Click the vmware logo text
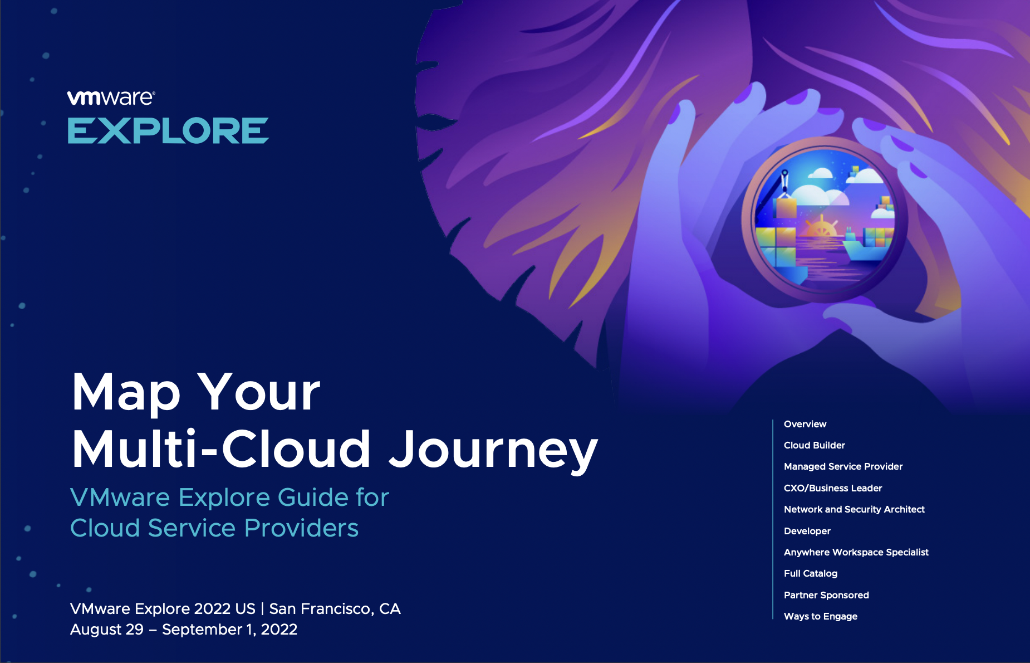111,97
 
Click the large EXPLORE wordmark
168,130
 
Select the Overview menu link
805,424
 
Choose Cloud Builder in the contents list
815,445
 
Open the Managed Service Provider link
843,466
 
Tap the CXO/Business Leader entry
833,488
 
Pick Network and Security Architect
854,509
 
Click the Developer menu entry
807,531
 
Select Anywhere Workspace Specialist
856,552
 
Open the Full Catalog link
811,573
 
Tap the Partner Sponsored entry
826,595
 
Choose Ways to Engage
821,616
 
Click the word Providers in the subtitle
301,528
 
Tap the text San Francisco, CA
335,608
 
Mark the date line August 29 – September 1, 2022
184,629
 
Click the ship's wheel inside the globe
821,228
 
